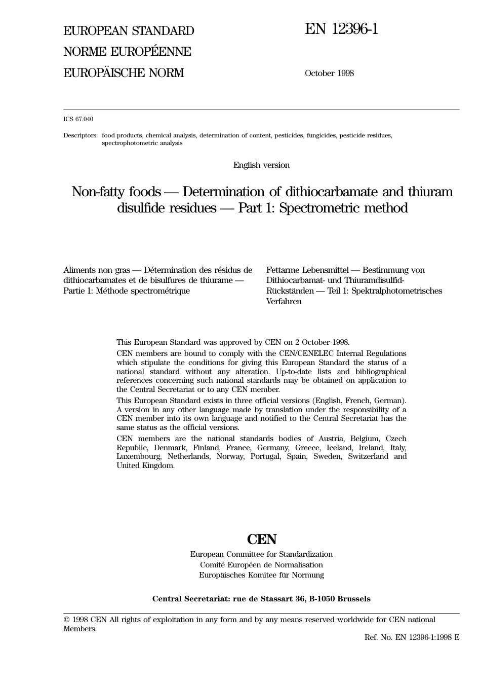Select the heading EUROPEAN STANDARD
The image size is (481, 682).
[129, 31]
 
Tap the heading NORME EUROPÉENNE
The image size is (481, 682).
[127, 52]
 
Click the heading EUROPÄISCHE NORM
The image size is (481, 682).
[124, 73]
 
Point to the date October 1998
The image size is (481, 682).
[329, 73]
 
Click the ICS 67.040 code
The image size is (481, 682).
[78, 119]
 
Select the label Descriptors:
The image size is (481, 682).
[81, 135]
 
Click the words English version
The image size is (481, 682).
[261, 165]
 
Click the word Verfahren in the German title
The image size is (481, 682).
[284, 302]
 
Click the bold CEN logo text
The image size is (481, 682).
[261, 539]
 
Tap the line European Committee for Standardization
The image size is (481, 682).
[261, 554]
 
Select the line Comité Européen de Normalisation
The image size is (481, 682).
[261, 565]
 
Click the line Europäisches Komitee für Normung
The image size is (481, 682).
[261, 575]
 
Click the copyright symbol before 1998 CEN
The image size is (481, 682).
[66, 620]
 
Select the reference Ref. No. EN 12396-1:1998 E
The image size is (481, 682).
[412, 637]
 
